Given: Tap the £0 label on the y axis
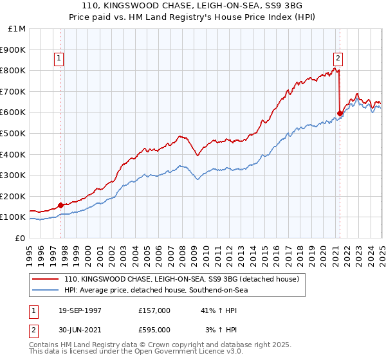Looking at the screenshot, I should pos(21,238).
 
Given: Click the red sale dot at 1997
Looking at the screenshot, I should pos(61,206).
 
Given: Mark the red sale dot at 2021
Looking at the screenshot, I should pos(340,113).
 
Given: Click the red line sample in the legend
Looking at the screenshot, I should pos(46,280).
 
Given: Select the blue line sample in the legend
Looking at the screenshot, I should pos(46,291).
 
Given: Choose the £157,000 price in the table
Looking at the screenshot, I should pos(154,310).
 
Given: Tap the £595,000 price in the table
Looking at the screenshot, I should pos(154,330).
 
